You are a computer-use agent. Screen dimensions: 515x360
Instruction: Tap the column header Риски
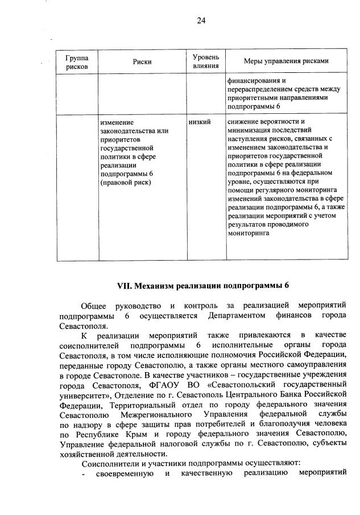142,62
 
